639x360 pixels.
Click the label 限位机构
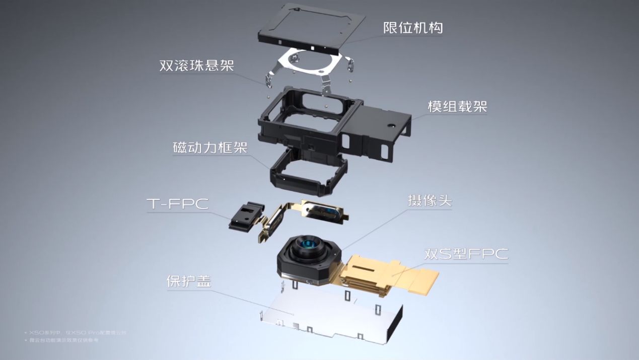click(413, 27)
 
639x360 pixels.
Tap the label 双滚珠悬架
click(196, 65)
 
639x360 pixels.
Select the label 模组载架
click(457, 107)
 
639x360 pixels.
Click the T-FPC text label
click(177, 204)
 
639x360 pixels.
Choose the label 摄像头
click(430, 201)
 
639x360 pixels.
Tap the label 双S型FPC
click(465, 254)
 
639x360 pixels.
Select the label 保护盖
click(188, 281)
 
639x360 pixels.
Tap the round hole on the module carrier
click(391, 124)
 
